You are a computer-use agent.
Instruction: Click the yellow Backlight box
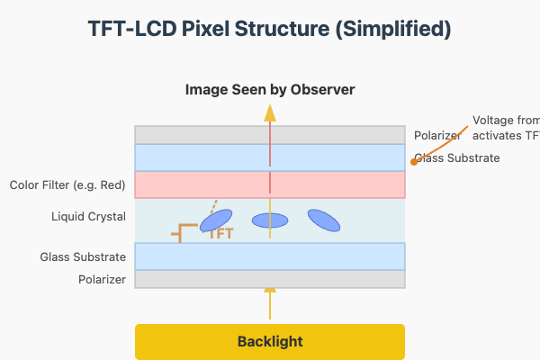coord(270,342)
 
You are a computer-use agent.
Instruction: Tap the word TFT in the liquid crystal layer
coord(221,234)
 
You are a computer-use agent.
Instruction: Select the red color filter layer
coord(270,184)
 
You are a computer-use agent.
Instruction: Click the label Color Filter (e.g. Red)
coord(67,184)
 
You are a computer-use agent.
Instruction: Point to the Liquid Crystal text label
coord(89,217)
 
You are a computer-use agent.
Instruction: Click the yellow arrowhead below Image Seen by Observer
coord(270,112)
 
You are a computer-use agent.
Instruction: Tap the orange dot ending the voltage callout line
coord(413,161)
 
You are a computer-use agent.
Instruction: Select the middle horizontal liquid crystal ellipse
coord(270,220)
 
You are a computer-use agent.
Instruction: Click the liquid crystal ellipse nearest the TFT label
coord(216,220)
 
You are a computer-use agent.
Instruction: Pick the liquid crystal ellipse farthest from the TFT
coord(324,220)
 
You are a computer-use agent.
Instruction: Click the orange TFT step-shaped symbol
coord(184,233)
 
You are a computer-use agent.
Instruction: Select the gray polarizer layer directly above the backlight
coord(270,279)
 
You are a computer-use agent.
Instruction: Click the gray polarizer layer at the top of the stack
coord(270,135)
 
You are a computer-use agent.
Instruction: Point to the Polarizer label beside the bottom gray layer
coord(101,280)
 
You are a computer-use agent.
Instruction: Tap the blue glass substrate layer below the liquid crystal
coord(270,256)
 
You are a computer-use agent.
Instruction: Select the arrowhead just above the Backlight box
coord(270,291)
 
